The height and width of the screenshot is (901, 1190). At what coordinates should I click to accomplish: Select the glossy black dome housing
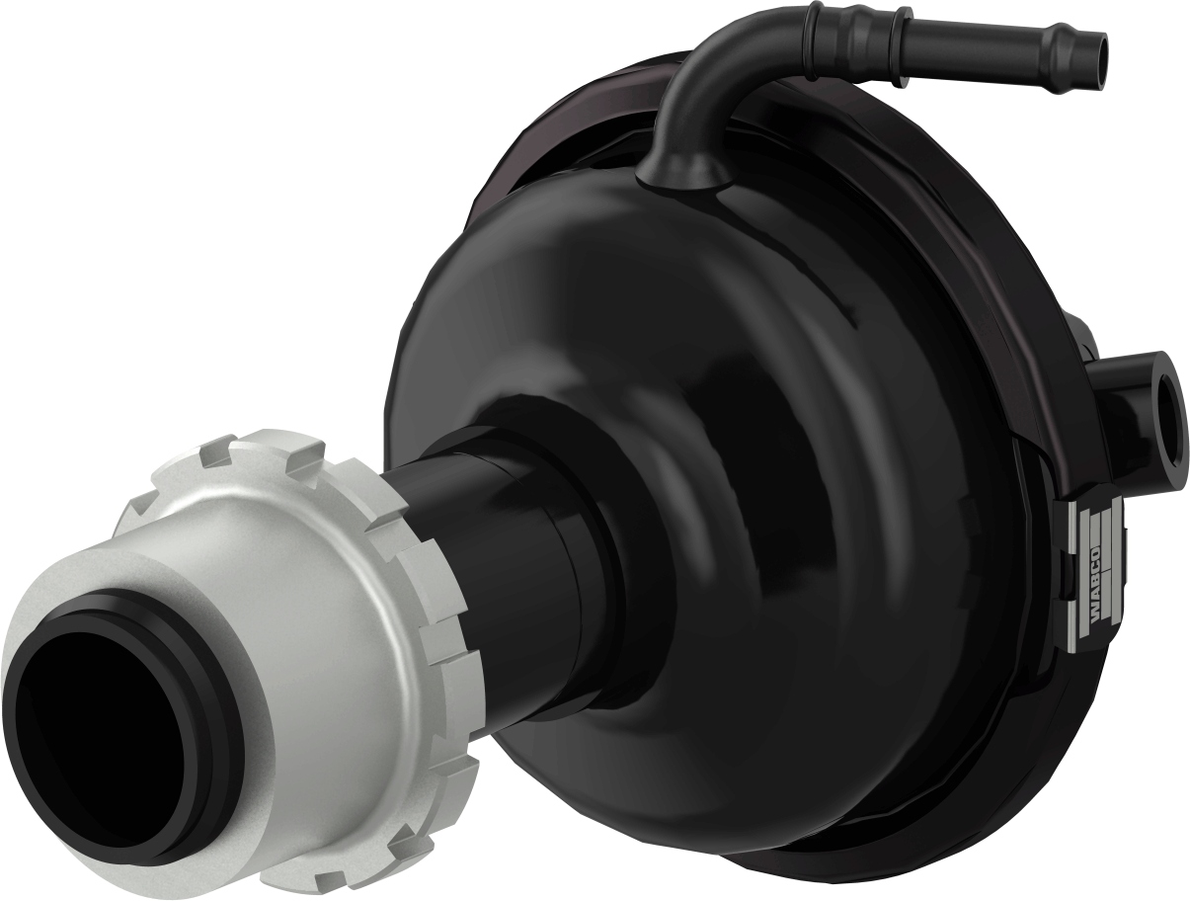tap(770, 415)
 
